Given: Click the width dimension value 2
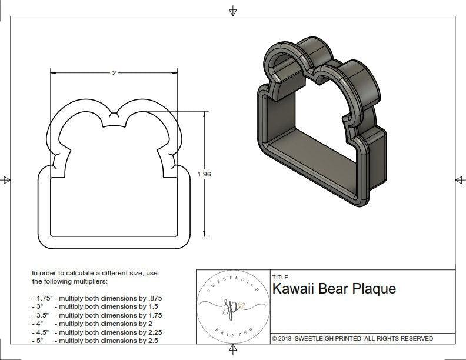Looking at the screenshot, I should click(114, 73).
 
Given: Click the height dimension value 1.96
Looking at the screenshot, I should click(205, 174).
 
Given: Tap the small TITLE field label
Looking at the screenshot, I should click(280, 277).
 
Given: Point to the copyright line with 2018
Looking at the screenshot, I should click(352, 338).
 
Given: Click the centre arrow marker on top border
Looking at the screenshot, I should click(234, 11).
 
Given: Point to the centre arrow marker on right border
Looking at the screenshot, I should click(460, 179).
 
